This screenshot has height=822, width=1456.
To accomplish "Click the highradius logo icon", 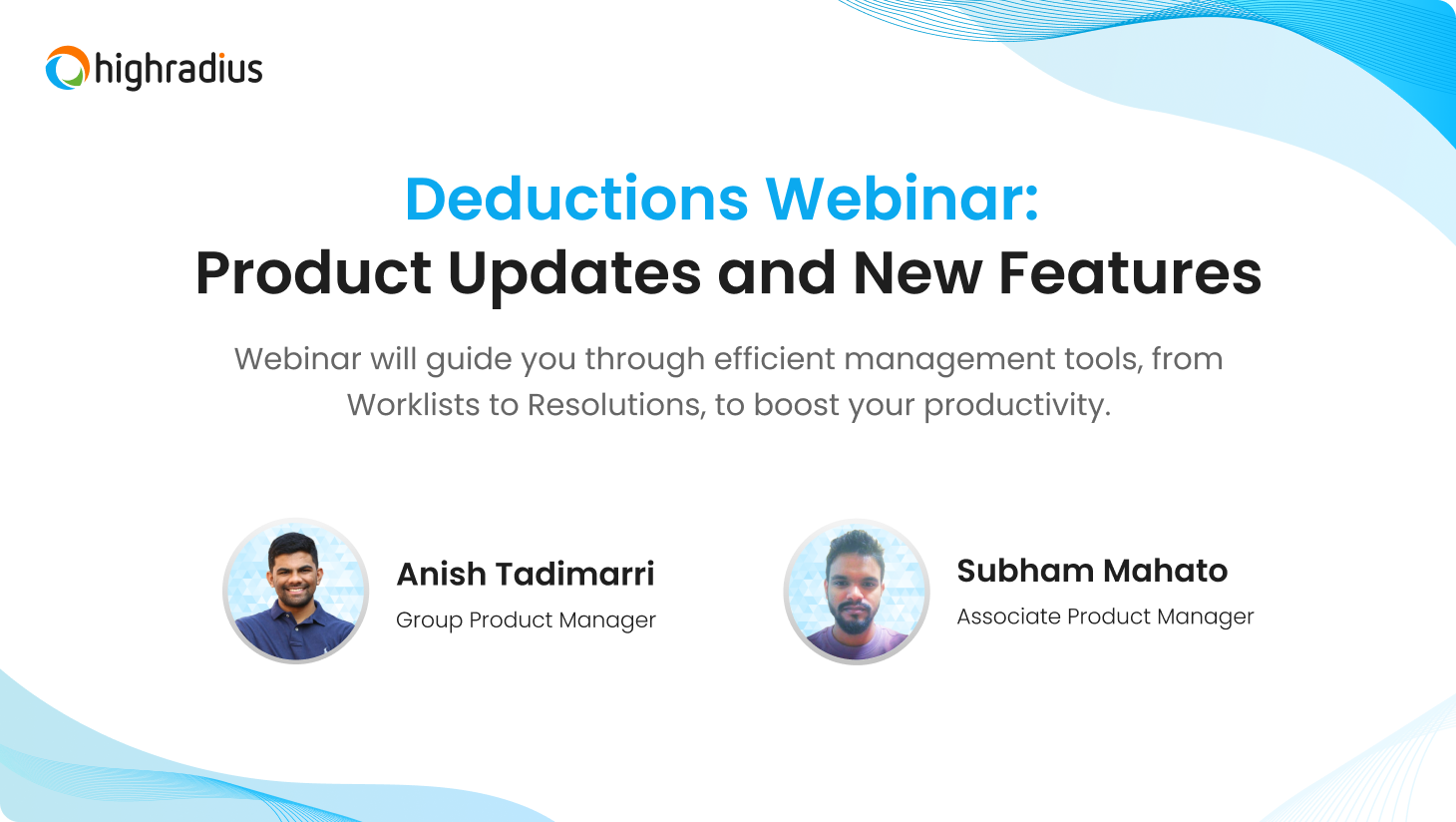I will pos(68,68).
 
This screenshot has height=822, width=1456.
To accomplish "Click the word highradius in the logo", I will pos(179,70).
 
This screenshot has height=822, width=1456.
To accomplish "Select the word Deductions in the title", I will pos(576,199).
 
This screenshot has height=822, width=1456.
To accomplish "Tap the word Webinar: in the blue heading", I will pos(903,199).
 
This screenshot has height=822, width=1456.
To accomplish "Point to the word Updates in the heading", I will pos(574,273).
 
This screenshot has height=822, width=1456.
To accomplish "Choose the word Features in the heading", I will pos(1130,273).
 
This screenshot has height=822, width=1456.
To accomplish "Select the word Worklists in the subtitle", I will pos(413,405).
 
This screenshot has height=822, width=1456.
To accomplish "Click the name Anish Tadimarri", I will pos(526,575).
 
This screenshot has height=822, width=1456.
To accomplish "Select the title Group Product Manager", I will pos(526,619).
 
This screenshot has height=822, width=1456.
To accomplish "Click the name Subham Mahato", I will pos(1092,571).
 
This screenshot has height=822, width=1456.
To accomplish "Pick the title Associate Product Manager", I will pos(1105,616).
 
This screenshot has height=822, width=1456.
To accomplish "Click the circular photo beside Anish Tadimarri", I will pos(296,591).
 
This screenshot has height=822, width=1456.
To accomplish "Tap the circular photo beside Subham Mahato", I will pos(857,591).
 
